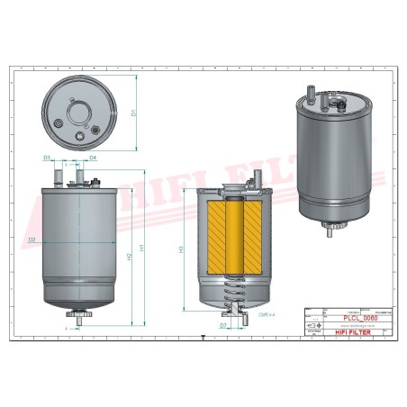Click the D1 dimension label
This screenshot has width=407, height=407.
point(133,113)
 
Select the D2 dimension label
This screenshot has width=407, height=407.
point(32,240)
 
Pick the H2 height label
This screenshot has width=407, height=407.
point(131,257)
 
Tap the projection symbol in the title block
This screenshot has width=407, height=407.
point(314,325)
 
